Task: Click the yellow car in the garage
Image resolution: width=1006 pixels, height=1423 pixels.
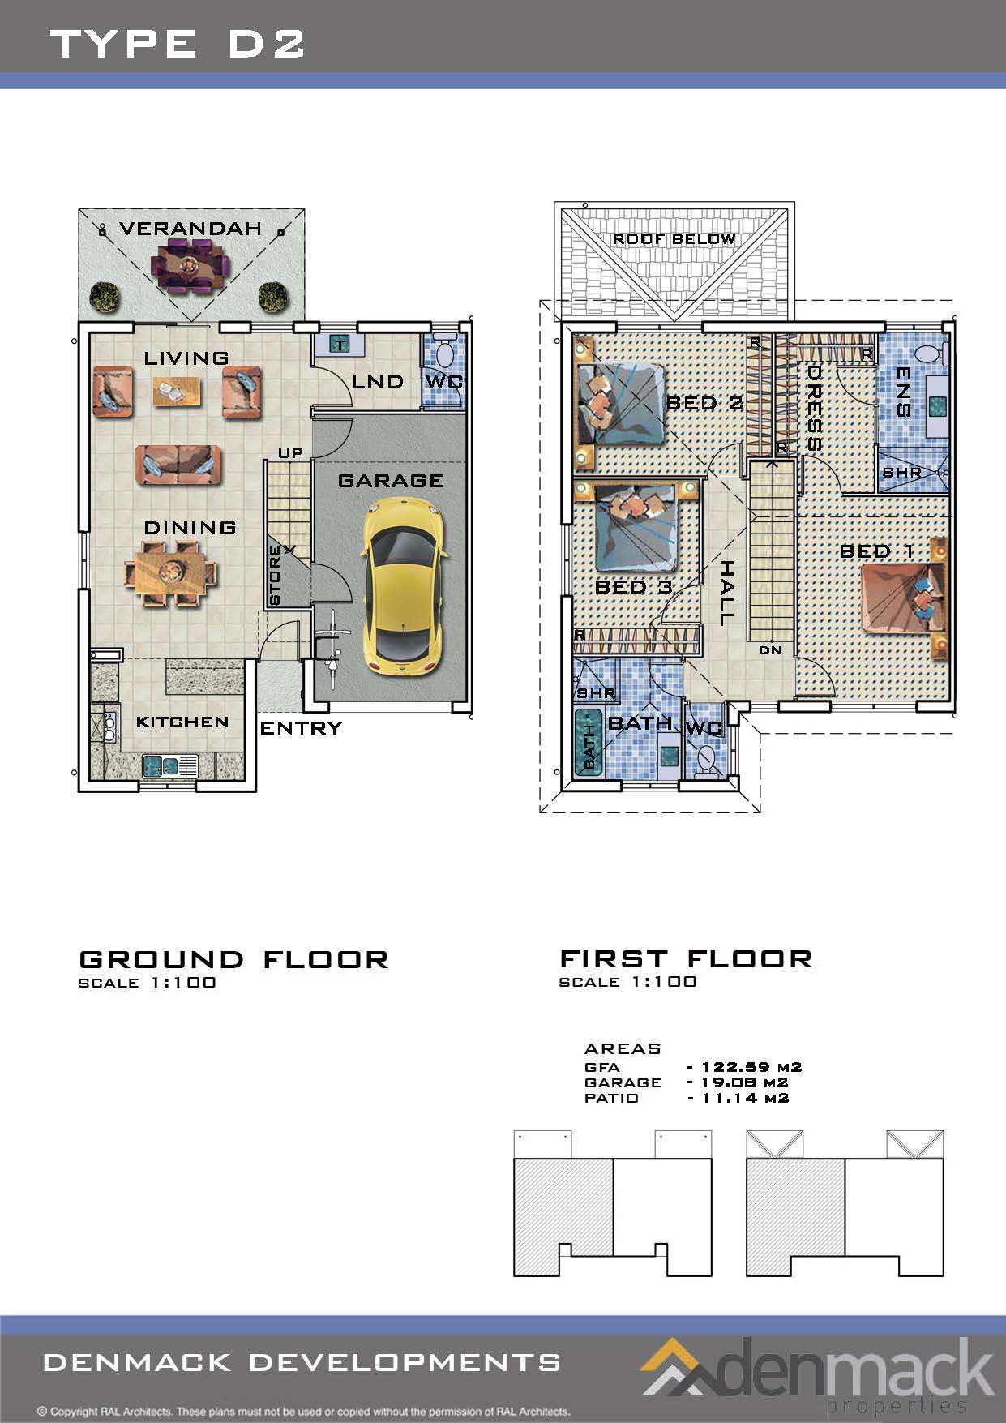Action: pos(404,587)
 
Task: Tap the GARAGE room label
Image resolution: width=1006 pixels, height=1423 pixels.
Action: pos(391,481)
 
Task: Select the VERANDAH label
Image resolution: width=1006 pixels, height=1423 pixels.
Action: pos(190,229)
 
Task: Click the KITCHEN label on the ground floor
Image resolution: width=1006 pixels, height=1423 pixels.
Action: pos(182,722)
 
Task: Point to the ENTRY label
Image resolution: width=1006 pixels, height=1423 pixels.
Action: pos(301,728)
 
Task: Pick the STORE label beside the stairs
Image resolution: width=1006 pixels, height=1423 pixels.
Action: pos(275,575)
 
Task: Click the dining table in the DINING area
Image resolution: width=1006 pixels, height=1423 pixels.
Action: pos(171,572)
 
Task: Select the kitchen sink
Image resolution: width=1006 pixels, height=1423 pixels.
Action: pos(170,765)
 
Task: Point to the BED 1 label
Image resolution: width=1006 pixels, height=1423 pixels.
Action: pos(877,551)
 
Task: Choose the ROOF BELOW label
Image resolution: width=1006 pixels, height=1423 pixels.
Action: pos(674,239)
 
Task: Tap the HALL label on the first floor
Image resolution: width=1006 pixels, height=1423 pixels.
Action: pos(726,593)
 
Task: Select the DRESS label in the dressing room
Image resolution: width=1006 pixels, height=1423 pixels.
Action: pos(814,408)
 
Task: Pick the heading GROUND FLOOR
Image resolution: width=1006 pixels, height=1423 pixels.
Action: pos(233,960)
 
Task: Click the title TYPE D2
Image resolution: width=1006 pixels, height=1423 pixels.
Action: pos(178,43)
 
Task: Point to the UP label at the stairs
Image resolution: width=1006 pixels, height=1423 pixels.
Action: pos(290,452)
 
